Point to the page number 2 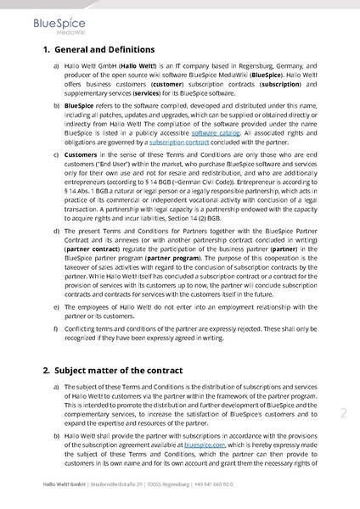pos(343,413)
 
